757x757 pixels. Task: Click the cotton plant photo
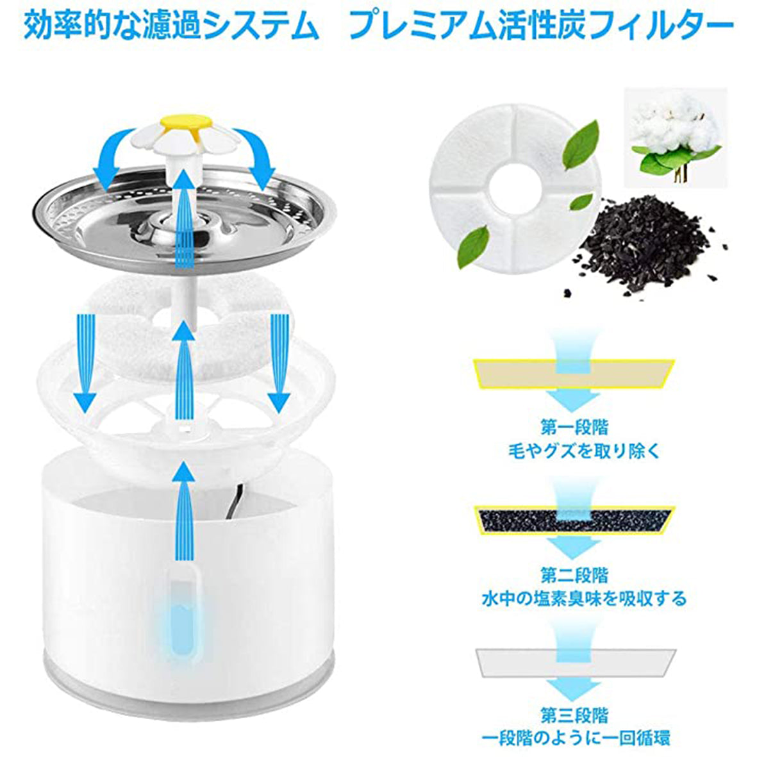click(x=675, y=138)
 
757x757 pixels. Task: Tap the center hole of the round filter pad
click(x=515, y=188)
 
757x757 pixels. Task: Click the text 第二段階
click(x=574, y=574)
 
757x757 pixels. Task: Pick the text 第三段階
click(x=574, y=715)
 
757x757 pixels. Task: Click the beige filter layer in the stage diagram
click(x=574, y=374)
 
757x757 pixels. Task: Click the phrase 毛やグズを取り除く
click(x=584, y=451)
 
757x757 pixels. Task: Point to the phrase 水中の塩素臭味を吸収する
click(x=584, y=599)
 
